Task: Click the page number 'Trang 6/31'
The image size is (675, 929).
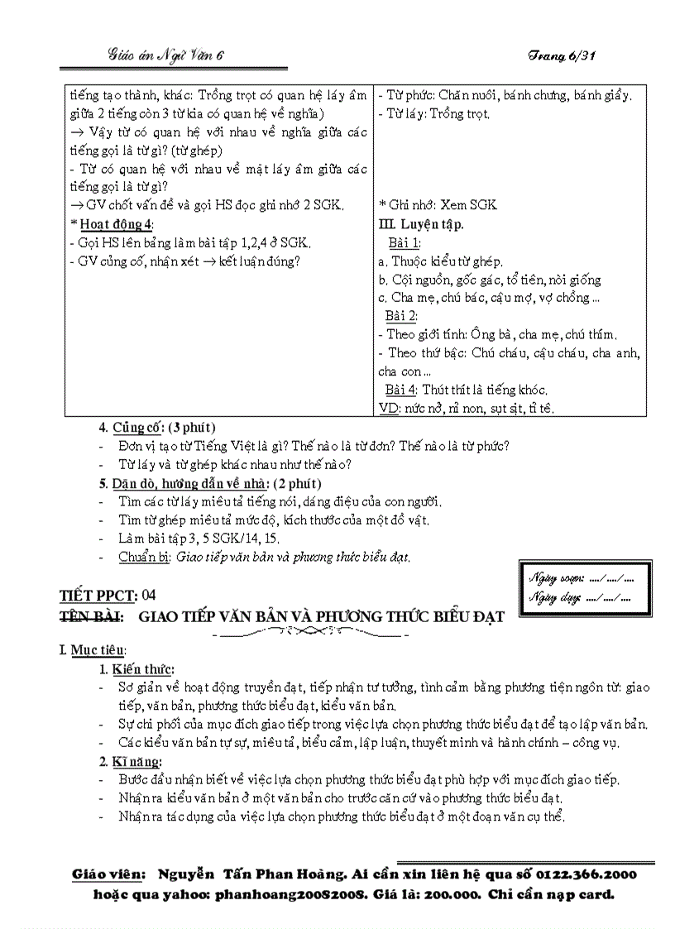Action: (x=562, y=55)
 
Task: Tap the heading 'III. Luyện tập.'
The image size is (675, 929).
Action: (x=421, y=224)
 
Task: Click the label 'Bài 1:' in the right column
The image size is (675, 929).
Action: (x=405, y=242)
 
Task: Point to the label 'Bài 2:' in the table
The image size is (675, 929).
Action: (x=401, y=316)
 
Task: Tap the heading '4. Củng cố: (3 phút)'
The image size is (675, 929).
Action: (x=157, y=428)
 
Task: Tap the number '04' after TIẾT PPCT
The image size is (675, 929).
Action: (x=149, y=595)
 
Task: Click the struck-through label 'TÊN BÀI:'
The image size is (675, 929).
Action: (x=91, y=616)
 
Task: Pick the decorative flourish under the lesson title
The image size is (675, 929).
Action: (x=312, y=634)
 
